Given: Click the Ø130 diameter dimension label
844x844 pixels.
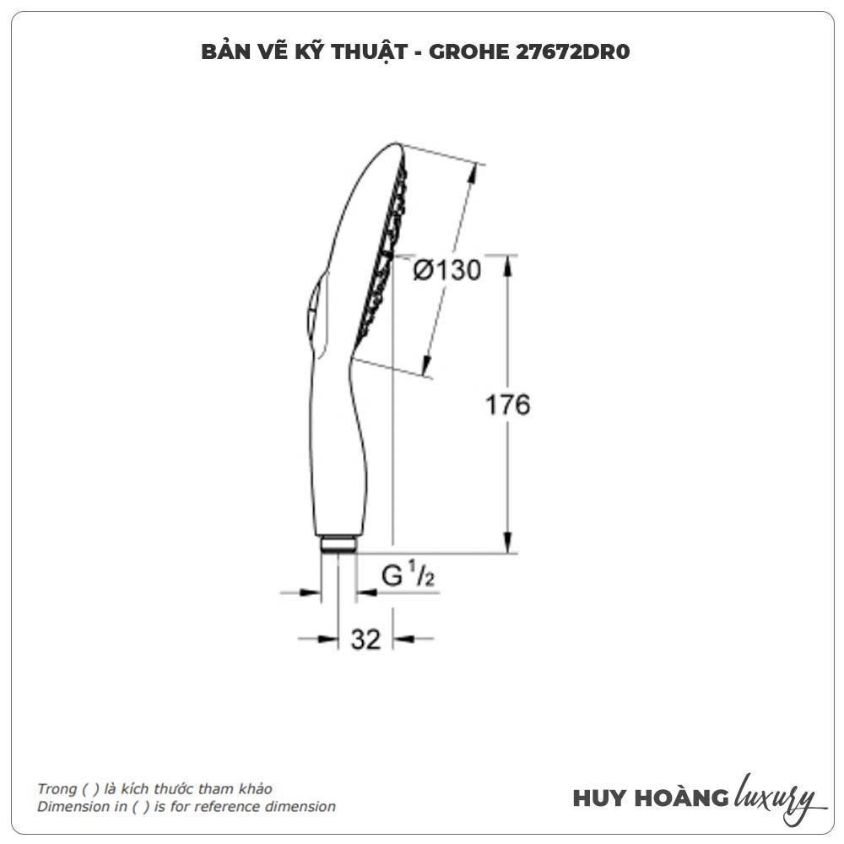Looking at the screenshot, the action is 446,270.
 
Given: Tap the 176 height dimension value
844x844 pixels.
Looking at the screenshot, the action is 507,405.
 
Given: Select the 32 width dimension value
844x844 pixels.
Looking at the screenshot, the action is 366,640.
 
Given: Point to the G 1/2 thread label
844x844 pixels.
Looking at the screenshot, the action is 408,574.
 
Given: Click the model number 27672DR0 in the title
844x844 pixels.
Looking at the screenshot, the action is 573,52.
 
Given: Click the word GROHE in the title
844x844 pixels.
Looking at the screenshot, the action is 468,52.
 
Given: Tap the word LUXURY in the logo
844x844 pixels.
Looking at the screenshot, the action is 776,797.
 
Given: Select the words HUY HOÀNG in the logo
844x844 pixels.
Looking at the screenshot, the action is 650,798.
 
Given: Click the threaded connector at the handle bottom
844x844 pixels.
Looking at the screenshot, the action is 338,544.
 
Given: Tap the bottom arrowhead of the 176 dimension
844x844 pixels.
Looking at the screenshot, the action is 507,542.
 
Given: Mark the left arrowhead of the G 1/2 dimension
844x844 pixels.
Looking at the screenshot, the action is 310,592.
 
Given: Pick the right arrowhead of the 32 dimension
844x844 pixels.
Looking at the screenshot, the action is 403,639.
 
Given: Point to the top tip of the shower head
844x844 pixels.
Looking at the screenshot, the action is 396,143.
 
